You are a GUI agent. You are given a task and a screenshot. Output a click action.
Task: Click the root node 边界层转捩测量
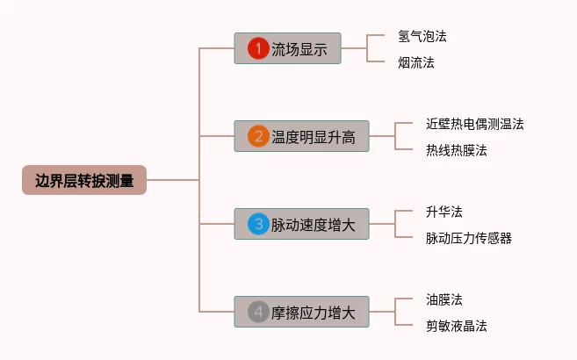[84, 181]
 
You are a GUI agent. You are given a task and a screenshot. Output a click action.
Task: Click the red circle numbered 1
[257, 49]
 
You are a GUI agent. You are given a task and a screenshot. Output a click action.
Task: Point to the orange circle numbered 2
[257, 136]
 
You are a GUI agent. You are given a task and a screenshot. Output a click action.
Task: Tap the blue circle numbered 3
[257, 224]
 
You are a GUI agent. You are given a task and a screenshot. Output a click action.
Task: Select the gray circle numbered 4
[257, 312]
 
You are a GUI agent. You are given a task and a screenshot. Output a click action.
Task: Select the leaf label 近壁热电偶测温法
[474, 124]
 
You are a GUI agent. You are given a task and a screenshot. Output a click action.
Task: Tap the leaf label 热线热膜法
[456, 150]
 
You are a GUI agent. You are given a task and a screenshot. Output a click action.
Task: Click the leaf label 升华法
[444, 212]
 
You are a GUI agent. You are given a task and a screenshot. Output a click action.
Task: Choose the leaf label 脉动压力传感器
[468, 238]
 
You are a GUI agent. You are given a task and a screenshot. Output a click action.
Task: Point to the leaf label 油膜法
[444, 299]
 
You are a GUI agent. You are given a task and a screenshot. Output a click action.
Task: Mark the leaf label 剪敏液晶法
[456, 326]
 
